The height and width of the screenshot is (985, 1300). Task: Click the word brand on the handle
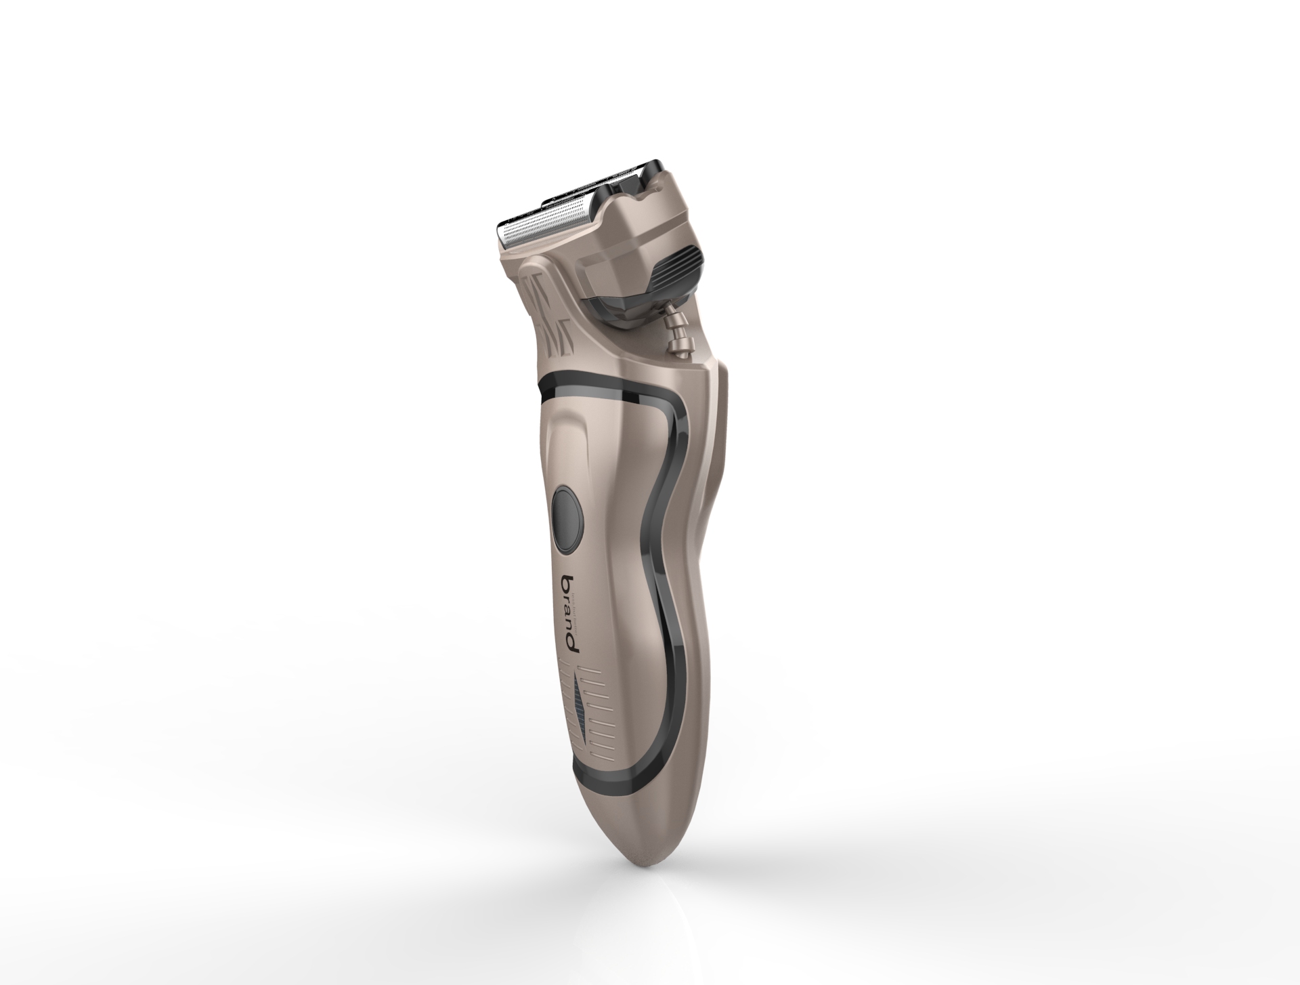coord(571,614)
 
